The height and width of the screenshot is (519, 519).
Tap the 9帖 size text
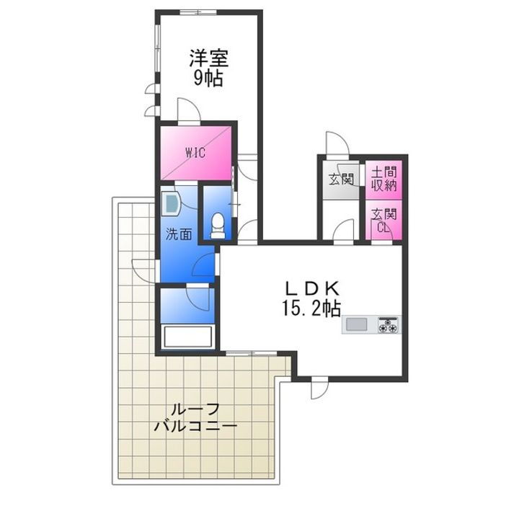pos(208,77)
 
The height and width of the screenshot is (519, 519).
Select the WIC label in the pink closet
pos(195,152)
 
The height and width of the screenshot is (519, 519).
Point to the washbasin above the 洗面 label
pos(171,204)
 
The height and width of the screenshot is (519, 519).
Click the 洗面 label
pos(179,234)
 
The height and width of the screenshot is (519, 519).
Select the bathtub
pos(186,337)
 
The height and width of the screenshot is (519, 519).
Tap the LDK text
pos(311,288)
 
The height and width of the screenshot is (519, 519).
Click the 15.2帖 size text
pos(311,308)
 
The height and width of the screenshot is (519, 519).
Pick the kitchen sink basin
pos(357,325)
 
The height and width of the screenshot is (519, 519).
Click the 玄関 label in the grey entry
pos(340,179)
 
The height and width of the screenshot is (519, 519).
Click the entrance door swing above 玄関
pos(336,143)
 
